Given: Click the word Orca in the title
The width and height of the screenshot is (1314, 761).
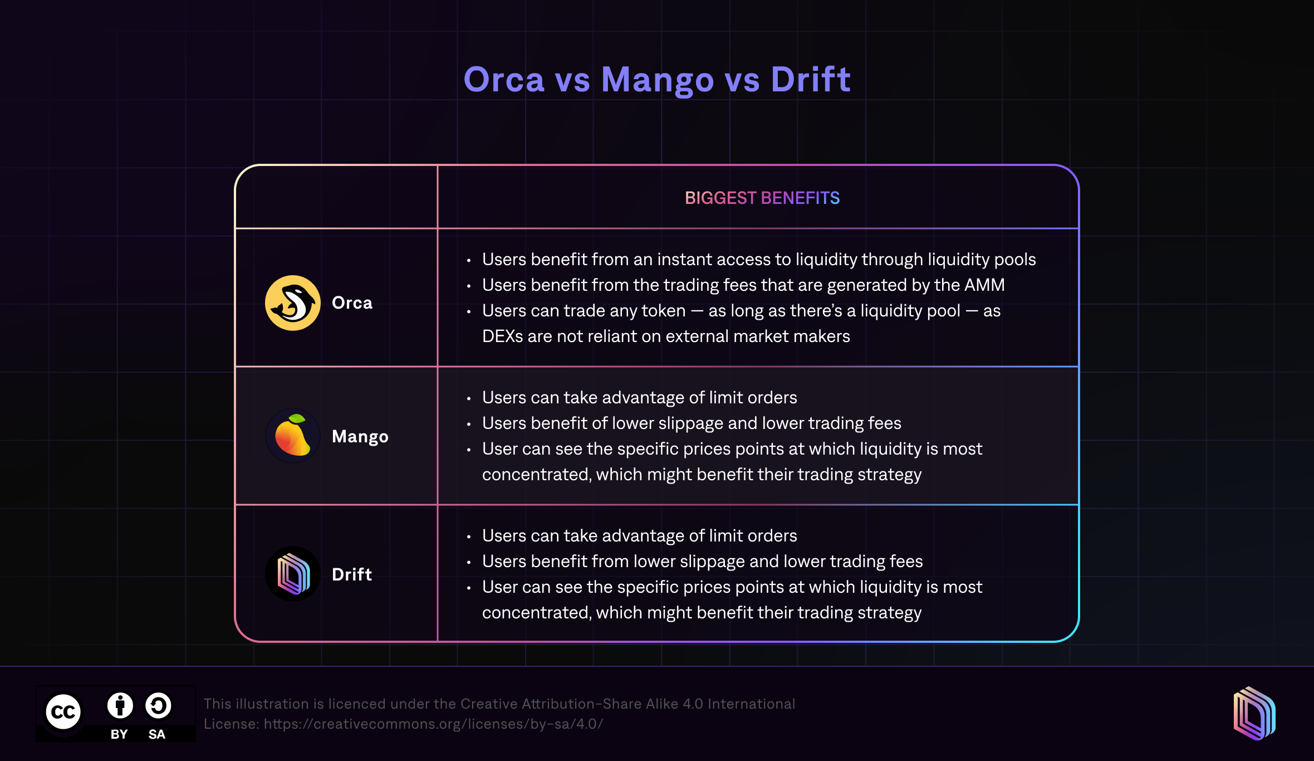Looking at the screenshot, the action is click(504, 79).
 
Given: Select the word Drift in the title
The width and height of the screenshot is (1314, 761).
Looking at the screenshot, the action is click(811, 79).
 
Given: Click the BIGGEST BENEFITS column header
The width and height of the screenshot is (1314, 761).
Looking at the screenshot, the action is click(762, 198).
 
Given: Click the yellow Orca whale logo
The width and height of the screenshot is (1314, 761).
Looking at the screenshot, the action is click(293, 303).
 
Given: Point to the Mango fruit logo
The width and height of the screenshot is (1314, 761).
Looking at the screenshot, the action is click(293, 436).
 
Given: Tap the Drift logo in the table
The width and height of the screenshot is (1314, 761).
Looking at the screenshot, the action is click(293, 574).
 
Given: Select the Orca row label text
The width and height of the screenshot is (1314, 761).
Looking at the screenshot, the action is click(352, 303).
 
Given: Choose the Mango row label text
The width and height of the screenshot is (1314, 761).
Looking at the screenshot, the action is click(360, 437).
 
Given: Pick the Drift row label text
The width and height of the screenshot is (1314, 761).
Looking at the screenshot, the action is click(352, 574).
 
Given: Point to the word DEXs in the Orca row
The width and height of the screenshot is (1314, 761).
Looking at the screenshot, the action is click(502, 336).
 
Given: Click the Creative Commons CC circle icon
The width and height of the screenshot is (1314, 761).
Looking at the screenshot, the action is click(63, 711).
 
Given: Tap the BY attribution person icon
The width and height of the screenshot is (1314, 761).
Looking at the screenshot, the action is click(120, 706).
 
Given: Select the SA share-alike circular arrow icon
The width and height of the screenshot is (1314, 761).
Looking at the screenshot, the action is click(159, 706).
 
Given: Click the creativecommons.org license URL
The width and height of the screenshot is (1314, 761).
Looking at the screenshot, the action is click(433, 724).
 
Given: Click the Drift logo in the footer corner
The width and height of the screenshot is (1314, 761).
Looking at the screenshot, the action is click(1254, 714).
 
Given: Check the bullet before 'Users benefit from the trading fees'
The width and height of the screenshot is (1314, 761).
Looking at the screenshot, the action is click(469, 286).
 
